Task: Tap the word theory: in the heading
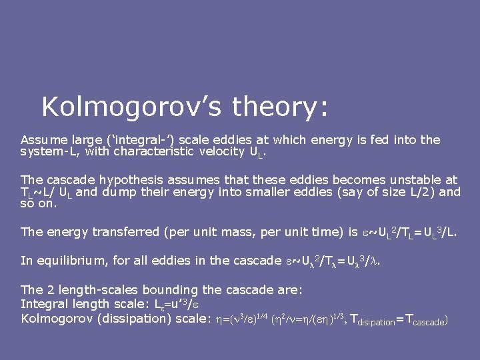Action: pos(280,107)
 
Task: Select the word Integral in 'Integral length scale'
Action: pos(44,304)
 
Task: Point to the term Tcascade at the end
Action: pos(421,319)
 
